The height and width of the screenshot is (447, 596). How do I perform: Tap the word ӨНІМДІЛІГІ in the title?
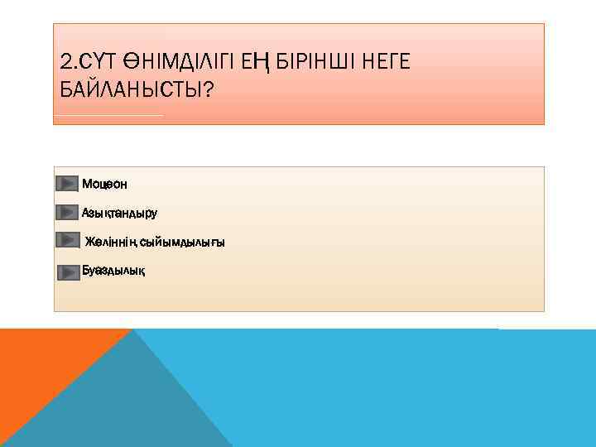pos(174,61)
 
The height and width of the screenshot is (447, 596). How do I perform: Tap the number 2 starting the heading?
pos(65,61)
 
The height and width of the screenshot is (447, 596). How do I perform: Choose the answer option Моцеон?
pos(104,183)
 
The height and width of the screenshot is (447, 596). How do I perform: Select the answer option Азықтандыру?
pos(119,213)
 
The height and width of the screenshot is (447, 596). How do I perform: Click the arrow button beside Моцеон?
pos(66,183)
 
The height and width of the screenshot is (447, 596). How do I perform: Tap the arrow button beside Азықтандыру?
pos(67,213)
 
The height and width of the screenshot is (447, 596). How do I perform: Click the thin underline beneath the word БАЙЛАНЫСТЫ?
pos(108,115)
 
